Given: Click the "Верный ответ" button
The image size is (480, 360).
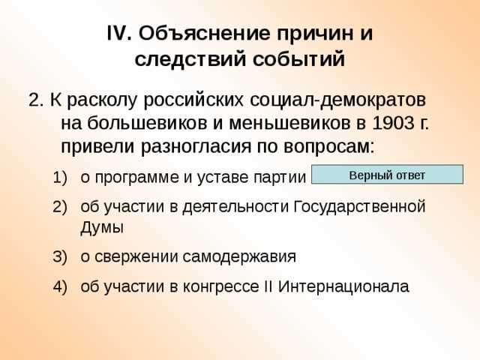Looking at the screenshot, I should click(387, 175).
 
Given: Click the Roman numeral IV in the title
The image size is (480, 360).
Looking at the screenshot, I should click(118, 34).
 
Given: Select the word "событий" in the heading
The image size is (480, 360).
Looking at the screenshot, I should click(302, 58).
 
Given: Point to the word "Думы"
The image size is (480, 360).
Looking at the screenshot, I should click(102, 227).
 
